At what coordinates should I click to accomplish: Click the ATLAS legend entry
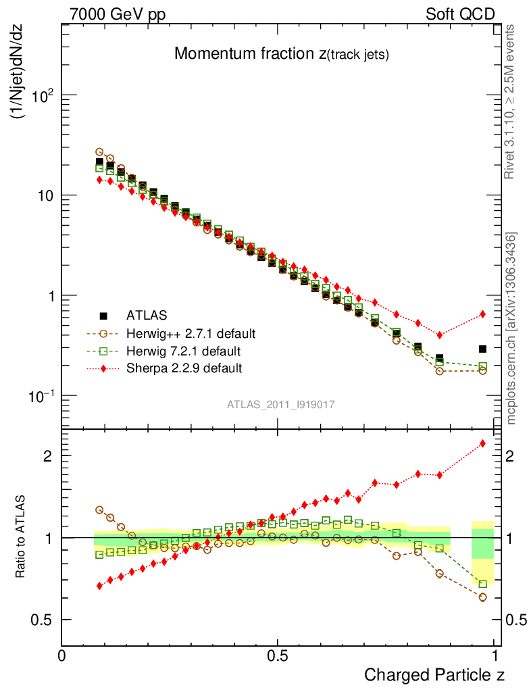click(x=147, y=315)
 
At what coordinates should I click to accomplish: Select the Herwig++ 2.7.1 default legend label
click(x=190, y=333)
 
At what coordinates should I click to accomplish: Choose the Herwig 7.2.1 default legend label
click(x=183, y=351)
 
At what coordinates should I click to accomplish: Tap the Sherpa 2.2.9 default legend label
click(x=184, y=368)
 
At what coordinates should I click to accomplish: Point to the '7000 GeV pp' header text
click(x=118, y=14)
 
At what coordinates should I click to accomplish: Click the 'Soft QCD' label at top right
click(x=460, y=14)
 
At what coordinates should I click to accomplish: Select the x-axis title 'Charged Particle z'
click(x=434, y=674)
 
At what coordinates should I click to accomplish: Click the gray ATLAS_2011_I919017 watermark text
click(x=281, y=404)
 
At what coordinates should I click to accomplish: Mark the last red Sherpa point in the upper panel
click(x=482, y=314)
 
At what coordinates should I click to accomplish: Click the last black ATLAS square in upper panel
click(x=482, y=349)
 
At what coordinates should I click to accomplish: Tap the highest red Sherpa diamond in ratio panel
click(x=482, y=443)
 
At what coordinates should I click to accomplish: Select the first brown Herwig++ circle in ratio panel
click(x=99, y=510)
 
